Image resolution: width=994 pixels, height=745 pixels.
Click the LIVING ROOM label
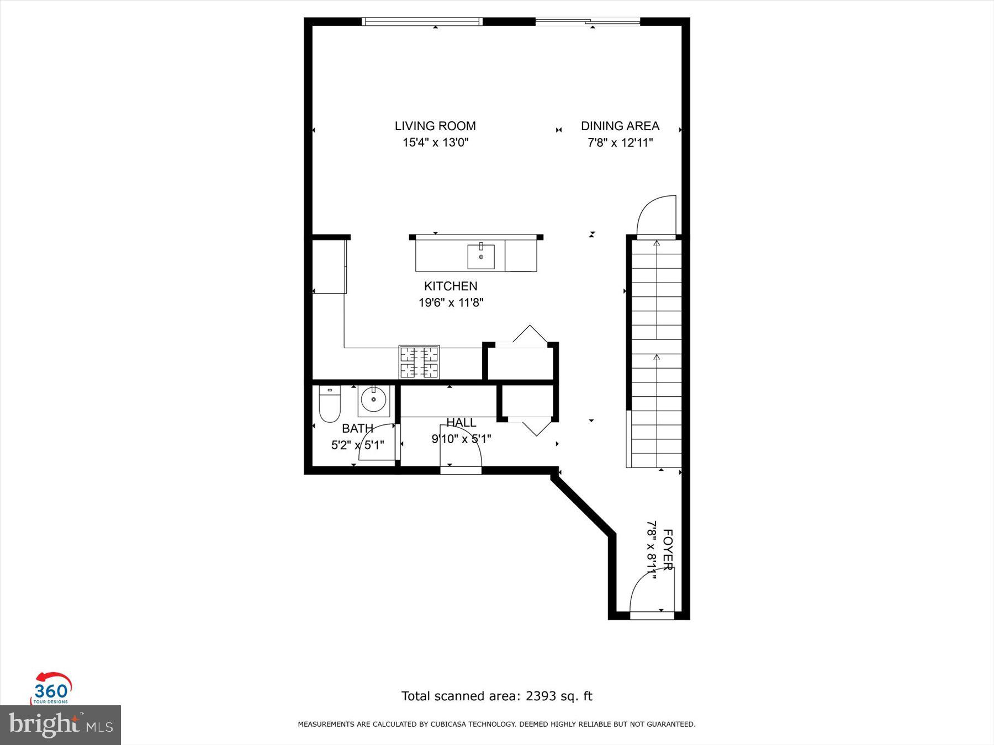(435, 126)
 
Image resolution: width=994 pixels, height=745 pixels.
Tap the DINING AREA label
(620, 126)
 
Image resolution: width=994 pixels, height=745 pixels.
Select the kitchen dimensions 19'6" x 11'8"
(451, 302)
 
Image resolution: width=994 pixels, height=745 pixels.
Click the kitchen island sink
(481, 257)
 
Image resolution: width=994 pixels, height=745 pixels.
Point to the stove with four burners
(419, 362)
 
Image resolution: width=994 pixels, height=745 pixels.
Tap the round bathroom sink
(374, 401)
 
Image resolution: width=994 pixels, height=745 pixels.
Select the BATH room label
(357, 428)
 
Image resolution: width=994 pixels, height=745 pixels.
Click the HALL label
(461, 423)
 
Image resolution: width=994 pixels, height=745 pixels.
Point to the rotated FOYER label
(667, 550)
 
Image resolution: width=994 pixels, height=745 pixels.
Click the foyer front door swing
(649, 593)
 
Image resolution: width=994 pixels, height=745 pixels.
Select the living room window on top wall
(422, 22)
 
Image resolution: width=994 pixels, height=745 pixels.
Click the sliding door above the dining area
(588, 22)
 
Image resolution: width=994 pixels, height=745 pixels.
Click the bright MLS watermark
(60, 725)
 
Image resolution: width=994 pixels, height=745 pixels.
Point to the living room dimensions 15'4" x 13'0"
(435, 142)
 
